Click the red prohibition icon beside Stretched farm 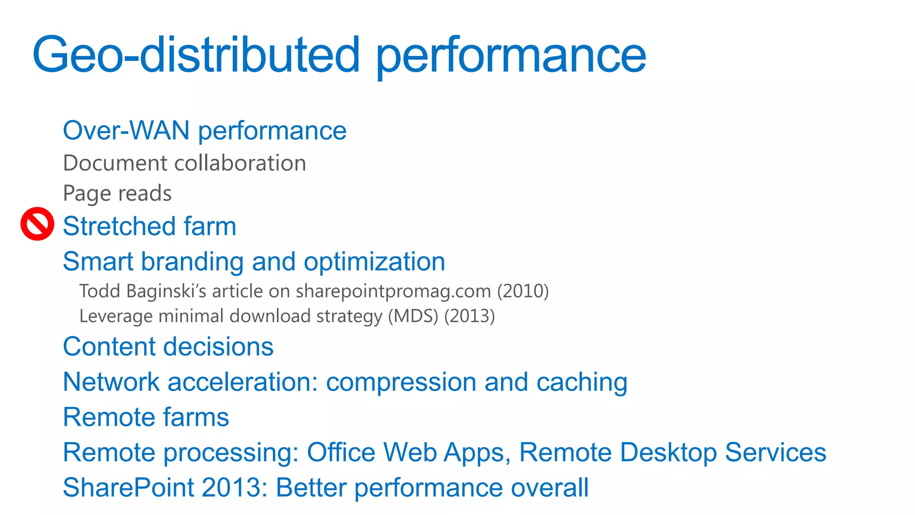pyautogui.click(x=38, y=224)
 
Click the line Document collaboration pyautogui.click(x=185, y=163)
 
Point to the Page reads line pyautogui.click(x=117, y=194)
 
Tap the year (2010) pyautogui.click(x=523, y=291)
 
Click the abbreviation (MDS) pyautogui.click(x=413, y=317)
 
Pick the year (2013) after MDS pyautogui.click(x=470, y=317)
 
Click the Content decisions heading pyautogui.click(x=168, y=347)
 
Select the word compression pyautogui.click(x=401, y=383)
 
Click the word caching pyautogui.click(x=582, y=383)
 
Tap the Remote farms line pyautogui.click(x=146, y=418)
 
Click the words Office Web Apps pyautogui.click(x=408, y=452)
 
